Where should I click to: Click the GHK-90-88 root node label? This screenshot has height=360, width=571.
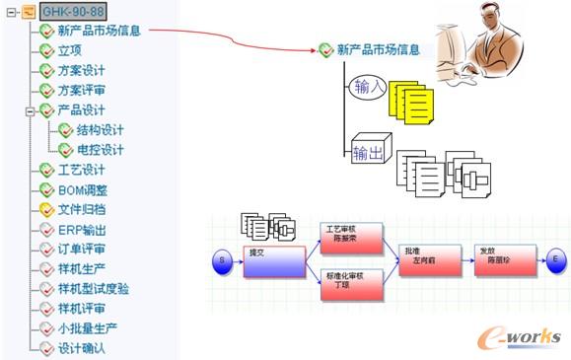[73, 12]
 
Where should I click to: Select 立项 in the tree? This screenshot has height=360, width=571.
[69, 50]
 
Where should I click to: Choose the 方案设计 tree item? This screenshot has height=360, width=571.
[81, 70]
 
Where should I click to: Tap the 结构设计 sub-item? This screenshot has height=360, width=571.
[100, 129]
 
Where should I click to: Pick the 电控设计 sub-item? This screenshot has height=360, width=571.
[100, 149]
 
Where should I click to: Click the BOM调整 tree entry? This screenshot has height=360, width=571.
[82, 189]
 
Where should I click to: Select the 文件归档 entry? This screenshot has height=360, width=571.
[81, 209]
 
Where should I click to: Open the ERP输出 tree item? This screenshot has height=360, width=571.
[81, 229]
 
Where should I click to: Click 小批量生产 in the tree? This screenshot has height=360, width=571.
[88, 327]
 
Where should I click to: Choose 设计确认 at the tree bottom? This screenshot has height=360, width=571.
[81, 347]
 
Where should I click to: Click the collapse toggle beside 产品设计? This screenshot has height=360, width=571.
[31, 110]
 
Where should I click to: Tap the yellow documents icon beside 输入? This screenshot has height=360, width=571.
[411, 101]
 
